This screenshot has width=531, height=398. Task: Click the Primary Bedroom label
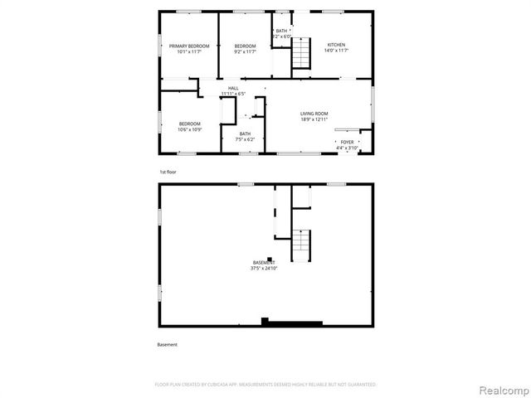pyautogui.click(x=189, y=46)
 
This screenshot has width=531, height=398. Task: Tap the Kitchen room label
pyautogui.click(x=336, y=45)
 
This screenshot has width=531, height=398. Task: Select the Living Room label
pyautogui.click(x=314, y=114)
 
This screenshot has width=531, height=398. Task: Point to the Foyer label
pyautogui.click(x=347, y=142)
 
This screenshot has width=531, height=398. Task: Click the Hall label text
pyautogui.click(x=234, y=88)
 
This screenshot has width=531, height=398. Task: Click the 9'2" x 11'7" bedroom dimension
pyautogui.click(x=245, y=51)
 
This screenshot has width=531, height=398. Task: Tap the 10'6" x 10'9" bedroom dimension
pyautogui.click(x=189, y=129)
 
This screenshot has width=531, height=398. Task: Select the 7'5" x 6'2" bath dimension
pyautogui.click(x=245, y=139)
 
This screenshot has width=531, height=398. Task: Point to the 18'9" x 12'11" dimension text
pyautogui.click(x=314, y=119)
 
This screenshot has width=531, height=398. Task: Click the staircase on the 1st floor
pyautogui.click(x=300, y=54)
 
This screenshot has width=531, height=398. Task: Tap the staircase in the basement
pyautogui.click(x=300, y=242)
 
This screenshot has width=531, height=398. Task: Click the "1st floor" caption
pyautogui.click(x=168, y=172)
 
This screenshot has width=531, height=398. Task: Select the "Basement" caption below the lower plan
pyautogui.click(x=168, y=344)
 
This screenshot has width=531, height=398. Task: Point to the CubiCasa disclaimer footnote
pyautogui.click(x=265, y=385)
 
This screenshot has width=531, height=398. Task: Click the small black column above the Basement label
pyautogui.click(x=270, y=258)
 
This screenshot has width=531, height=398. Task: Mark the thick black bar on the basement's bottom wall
pyautogui.click(x=291, y=322)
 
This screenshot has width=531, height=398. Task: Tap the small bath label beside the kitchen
pyautogui.click(x=282, y=33)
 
